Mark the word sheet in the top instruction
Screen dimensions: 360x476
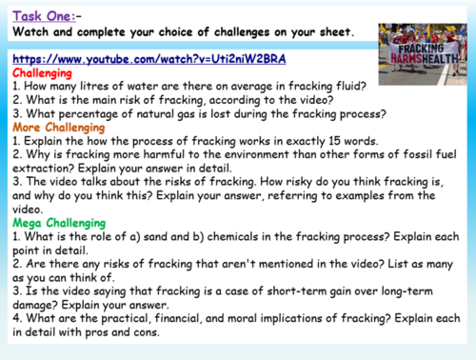pos(328,33)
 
